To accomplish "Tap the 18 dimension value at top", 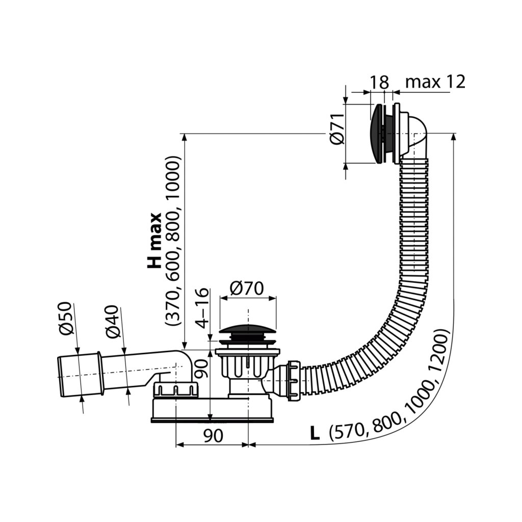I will (x=380, y=83).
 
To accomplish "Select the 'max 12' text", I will (x=435, y=82).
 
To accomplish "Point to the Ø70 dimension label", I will (x=247, y=289).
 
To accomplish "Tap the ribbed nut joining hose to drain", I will (x=294, y=380).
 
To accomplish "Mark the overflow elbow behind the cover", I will (x=415, y=134).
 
